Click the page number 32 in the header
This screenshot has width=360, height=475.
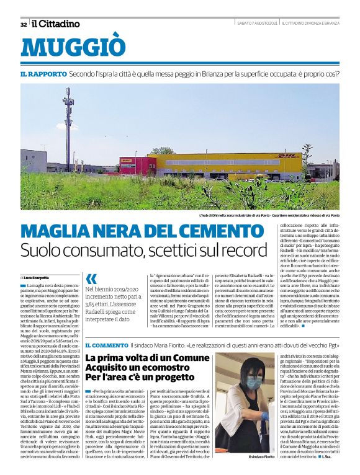point(24,24)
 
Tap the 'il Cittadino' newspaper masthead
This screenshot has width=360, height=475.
point(56,24)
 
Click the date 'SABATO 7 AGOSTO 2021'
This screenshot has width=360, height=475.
point(257,24)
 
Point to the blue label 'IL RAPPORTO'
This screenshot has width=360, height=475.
point(42,73)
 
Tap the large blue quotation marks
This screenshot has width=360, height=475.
point(91,278)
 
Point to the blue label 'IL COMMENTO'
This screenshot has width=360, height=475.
point(106,345)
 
